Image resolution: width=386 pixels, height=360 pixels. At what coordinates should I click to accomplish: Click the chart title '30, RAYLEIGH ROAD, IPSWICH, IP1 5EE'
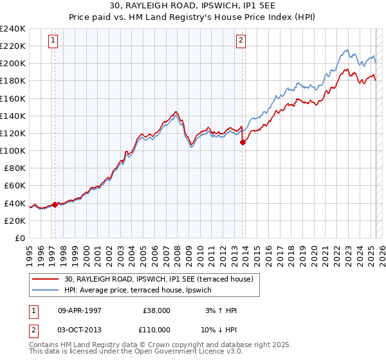click(192, 6)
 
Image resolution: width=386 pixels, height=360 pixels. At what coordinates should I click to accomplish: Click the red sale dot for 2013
click(243, 143)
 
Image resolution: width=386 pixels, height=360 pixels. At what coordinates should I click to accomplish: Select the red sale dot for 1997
click(55, 204)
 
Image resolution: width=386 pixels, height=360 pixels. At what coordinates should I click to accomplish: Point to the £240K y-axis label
click(13, 29)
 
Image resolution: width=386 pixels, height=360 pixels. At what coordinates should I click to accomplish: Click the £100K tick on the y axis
click(13, 150)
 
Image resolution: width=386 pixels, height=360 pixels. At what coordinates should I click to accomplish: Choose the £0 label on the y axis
click(21, 238)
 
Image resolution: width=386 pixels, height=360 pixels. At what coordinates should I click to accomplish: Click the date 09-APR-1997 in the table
click(79, 310)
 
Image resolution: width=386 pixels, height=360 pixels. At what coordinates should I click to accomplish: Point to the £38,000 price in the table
click(156, 310)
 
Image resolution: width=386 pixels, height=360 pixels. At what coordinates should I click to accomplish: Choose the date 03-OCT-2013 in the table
click(79, 329)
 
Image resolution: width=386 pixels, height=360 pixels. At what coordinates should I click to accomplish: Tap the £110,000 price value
click(156, 329)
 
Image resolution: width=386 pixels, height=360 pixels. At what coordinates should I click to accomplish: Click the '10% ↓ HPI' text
click(220, 329)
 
